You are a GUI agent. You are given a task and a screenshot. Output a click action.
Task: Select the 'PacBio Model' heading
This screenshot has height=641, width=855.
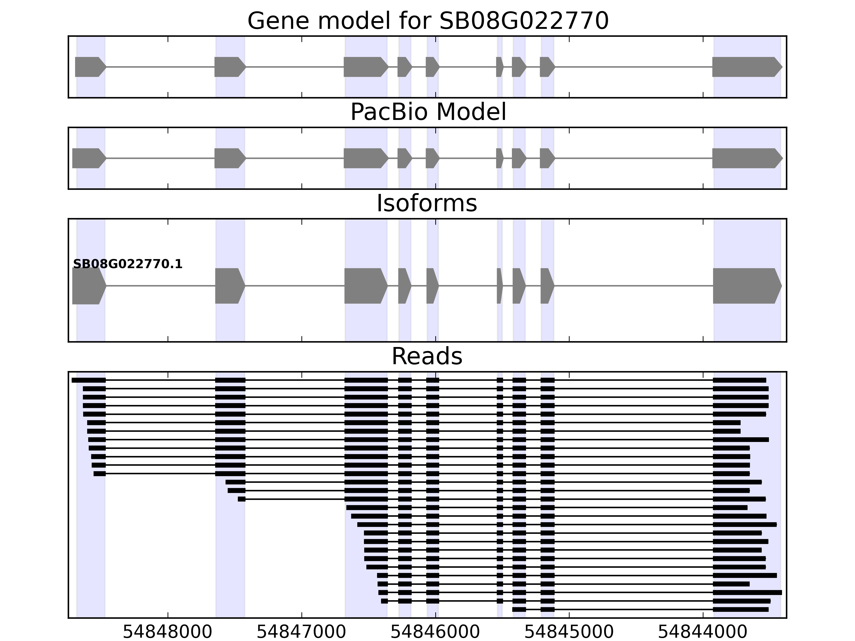pyautogui.click(x=428, y=112)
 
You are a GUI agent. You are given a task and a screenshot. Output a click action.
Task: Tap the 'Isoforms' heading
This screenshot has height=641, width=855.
pyautogui.click(x=427, y=203)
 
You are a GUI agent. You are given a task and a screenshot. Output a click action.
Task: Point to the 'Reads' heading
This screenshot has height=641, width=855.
pyautogui.click(x=427, y=356)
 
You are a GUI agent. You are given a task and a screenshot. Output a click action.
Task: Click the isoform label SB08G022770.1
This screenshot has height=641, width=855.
pyautogui.click(x=127, y=264)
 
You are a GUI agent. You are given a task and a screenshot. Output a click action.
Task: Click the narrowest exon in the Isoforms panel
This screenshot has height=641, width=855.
pyautogui.click(x=499, y=286)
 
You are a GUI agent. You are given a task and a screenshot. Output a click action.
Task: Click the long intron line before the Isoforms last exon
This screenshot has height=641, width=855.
pyautogui.click(x=634, y=286)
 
